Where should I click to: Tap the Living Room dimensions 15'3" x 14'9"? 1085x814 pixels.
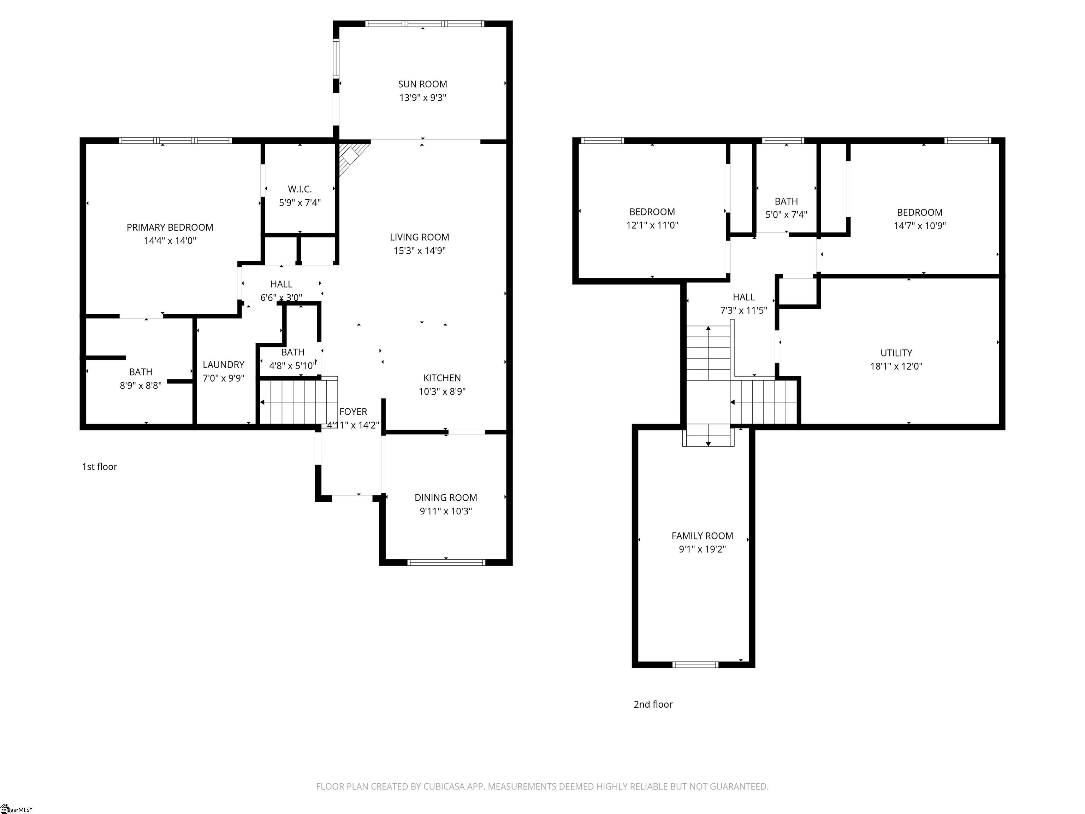[419, 251]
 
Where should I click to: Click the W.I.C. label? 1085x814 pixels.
[300, 189]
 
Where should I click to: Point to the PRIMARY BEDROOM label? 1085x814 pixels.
[170, 228]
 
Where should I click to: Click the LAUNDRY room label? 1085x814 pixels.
[223, 365]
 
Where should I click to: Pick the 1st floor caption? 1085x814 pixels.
[100, 467]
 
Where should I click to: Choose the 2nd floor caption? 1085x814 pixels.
[653, 704]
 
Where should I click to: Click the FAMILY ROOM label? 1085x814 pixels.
[702, 536]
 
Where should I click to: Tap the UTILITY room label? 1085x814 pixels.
[896, 353]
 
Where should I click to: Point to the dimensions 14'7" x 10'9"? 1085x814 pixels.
[920, 226]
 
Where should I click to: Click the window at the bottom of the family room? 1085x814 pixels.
[695, 665]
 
